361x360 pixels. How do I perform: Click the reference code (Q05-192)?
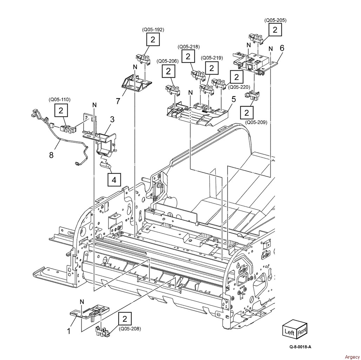(153, 30)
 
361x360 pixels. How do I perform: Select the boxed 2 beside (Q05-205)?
(275, 30)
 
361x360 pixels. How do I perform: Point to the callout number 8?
(51, 155)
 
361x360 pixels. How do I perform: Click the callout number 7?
(118, 101)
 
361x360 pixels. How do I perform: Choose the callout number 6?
(282, 48)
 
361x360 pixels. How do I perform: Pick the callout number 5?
(234, 99)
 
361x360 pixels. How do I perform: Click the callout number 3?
(112, 120)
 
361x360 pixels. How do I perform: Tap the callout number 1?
(68, 332)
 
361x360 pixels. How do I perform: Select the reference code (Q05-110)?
(60, 99)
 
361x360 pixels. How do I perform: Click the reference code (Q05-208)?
(130, 329)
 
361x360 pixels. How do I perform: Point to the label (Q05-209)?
(256, 122)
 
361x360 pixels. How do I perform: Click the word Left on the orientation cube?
(290, 332)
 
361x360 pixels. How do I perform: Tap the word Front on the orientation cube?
(302, 332)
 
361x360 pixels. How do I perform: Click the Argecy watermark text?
(352, 357)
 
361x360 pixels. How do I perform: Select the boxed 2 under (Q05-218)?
(188, 57)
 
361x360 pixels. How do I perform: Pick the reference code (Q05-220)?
(239, 87)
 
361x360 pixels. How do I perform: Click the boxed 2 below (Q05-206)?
(168, 71)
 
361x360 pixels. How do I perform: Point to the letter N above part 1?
(82, 302)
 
